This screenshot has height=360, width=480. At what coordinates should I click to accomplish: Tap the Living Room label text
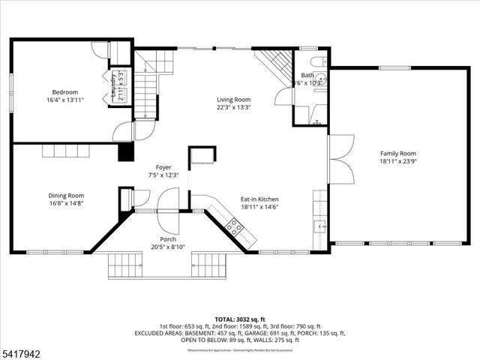233,99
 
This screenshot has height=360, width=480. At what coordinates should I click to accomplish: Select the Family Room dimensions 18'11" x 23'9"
397,160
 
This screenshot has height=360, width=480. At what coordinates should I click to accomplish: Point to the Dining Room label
66,194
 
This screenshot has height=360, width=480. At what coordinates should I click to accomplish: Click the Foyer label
163,167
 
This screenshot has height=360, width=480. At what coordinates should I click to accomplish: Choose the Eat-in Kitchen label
259,199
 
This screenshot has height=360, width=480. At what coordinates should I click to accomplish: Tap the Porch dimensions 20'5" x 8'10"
168,246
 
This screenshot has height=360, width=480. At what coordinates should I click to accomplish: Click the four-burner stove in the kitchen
235,227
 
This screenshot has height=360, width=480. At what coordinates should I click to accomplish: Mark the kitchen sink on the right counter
321,225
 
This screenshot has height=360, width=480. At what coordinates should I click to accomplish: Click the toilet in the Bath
318,61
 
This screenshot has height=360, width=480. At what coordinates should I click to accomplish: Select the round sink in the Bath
320,77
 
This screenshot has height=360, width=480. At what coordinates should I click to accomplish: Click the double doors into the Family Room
341,159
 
